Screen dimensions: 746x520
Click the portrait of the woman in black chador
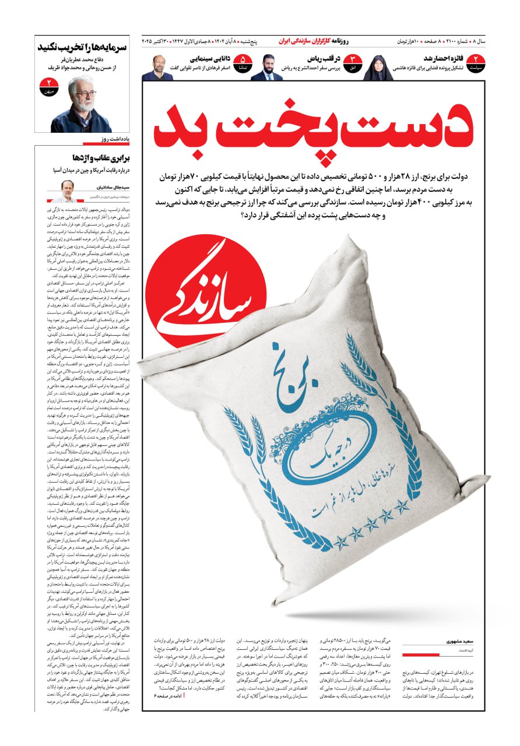tap(378, 68)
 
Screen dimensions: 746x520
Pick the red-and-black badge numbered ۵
tap(243, 62)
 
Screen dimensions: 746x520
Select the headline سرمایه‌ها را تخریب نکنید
tap(83, 47)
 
